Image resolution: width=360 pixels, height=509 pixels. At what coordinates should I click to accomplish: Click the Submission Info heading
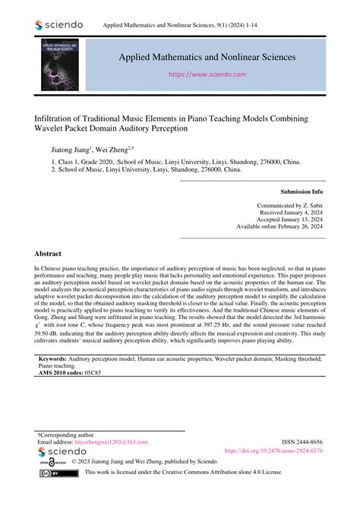(302, 192)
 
